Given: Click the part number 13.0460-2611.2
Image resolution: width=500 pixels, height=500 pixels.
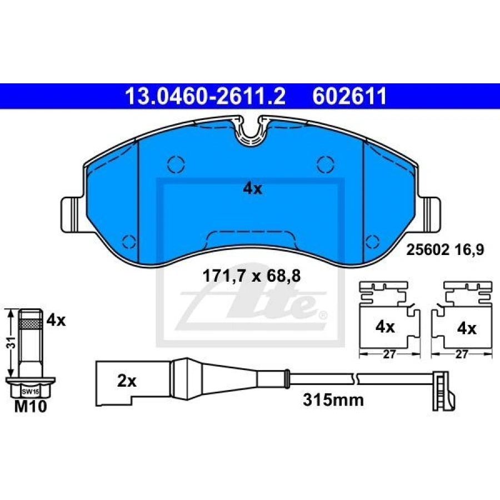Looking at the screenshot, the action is tap(206, 96).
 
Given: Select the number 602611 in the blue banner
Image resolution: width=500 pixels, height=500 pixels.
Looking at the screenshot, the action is tap(349, 96).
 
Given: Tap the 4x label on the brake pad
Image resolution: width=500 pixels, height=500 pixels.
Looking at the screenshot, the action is tap(253, 189).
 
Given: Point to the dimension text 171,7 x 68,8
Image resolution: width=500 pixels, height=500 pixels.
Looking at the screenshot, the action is tap(252, 276).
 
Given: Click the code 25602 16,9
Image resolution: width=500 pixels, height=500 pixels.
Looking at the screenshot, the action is tap(444, 249).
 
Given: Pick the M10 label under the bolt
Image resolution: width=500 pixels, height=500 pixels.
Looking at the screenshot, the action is tap(31, 406).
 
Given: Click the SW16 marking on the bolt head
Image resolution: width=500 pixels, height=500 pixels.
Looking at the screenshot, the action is tap(31, 392).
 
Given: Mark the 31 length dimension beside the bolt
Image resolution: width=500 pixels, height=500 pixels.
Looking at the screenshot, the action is tap(12, 343).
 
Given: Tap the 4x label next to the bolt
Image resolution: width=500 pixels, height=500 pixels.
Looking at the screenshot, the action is tap(56, 320).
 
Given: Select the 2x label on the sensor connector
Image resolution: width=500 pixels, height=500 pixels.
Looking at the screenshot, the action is tap(127, 381).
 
